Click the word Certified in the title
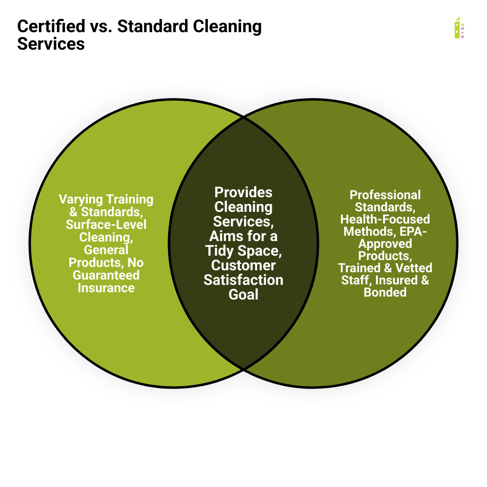[51, 26]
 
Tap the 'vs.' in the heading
[101, 27]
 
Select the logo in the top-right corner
[459, 28]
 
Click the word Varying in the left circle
[81, 200]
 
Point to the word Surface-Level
[106, 225]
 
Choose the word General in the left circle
[106, 250]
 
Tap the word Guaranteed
[106, 275]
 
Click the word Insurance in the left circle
[106, 288]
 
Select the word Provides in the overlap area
[243, 193]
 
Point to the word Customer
[243, 265]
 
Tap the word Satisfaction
[243, 280]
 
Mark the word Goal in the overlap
[243, 295]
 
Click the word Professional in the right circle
[385, 195]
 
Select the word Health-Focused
[385, 219]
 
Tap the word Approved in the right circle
[385, 244]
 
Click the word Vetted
[413, 268]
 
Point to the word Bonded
[385, 292]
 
